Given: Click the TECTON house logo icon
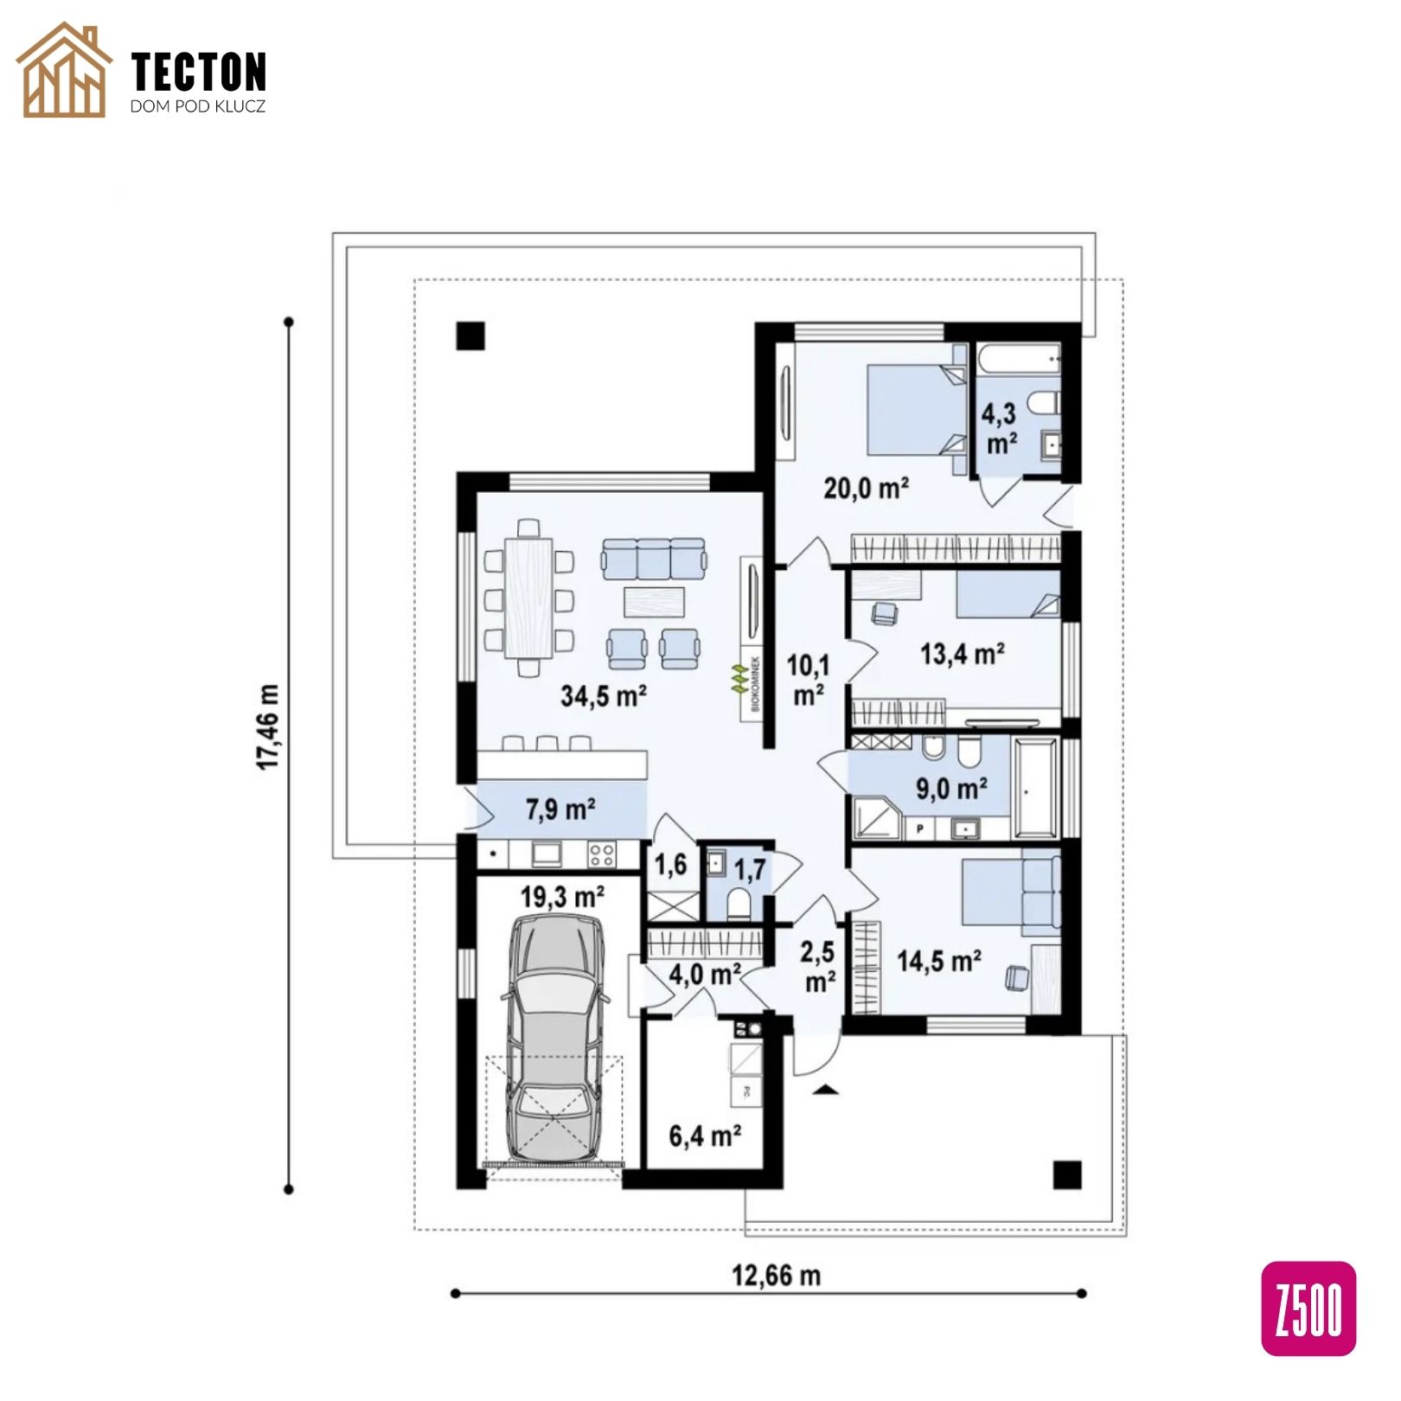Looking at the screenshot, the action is [x=64, y=70].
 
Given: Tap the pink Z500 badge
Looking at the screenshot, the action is [x=1308, y=1308].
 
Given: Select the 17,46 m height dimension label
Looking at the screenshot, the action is [x=269, y=727].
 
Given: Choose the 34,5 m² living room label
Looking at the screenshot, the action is [x=605, y=695].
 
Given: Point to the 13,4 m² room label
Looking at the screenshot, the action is [x=962, y=654].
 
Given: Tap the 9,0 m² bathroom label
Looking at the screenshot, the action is [x=951, y=789].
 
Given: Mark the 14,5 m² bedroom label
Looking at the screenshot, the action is [x=938, y=961].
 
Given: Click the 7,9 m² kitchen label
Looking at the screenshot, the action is [x=560, y=809].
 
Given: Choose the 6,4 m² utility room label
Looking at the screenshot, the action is [x=705, y=1135].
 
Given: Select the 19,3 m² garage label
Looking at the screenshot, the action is [x=562, y=897].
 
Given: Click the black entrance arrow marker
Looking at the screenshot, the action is [x=827, y=1090].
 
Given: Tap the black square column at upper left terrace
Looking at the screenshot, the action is [x=470, y=335].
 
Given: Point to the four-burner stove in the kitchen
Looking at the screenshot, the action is [x=602, y=854].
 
